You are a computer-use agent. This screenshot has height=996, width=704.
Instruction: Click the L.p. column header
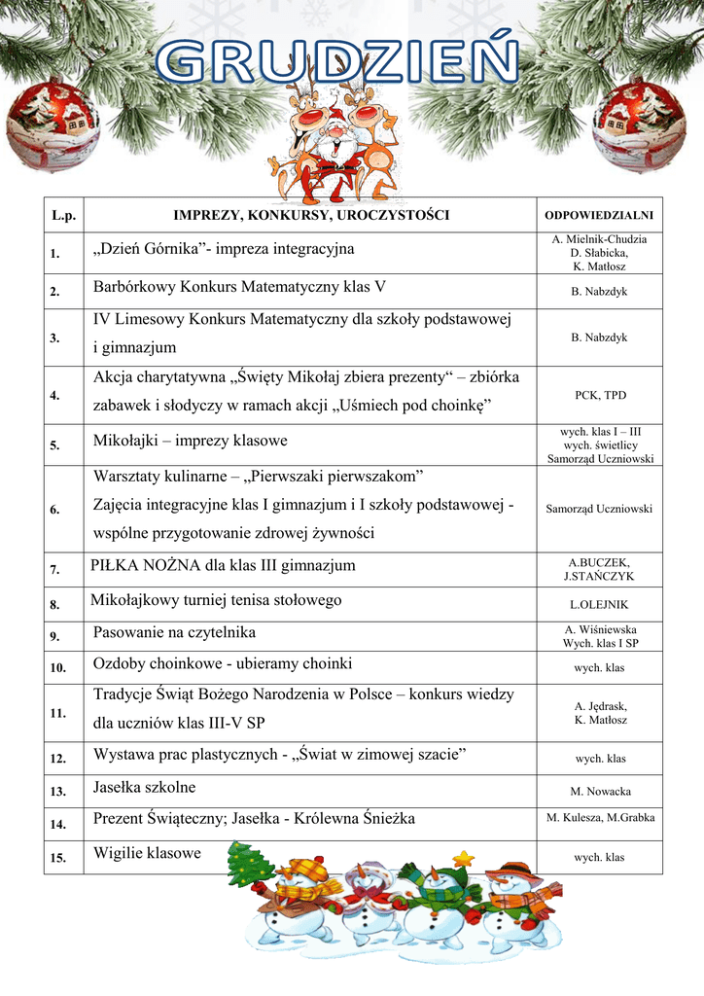click(x=63, y=214)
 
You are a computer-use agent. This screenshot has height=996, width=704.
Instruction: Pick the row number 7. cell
click(x=55, y=570)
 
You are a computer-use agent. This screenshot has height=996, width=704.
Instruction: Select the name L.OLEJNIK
click(x=600, y=605)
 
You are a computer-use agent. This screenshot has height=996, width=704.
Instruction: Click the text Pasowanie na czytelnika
click(x=174, y=633)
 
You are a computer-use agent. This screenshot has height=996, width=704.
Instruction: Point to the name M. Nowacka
click(x=600, y=792)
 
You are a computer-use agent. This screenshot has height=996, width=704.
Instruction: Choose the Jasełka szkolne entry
click(x=144, y=787)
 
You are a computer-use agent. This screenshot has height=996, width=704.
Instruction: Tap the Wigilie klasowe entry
click(x=147, y=853)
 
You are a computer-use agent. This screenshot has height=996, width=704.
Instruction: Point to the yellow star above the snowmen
click(x=464, y=859)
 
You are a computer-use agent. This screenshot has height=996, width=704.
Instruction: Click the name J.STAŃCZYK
click(x=600, y=577)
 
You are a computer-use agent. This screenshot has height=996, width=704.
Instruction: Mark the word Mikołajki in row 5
click(x=125, y=441)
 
